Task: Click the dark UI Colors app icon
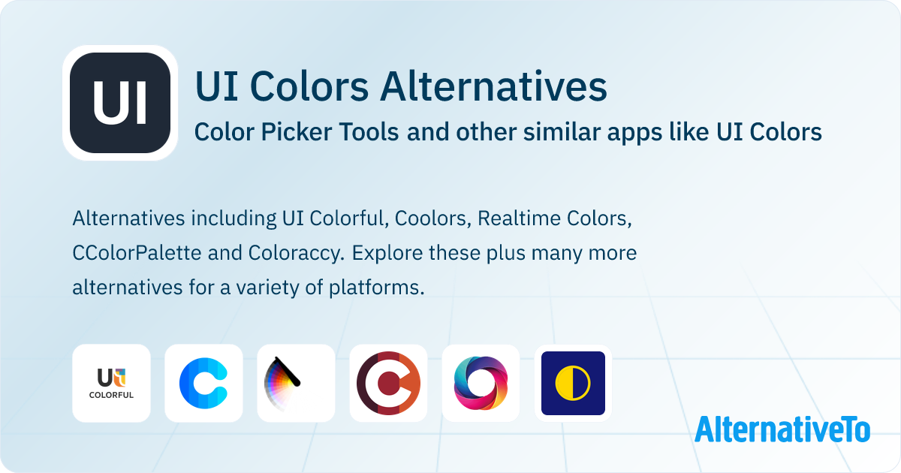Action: (120, 104)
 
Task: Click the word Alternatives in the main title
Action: (493, 86)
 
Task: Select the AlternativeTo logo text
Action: (782, 429)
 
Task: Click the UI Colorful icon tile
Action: (111, 383)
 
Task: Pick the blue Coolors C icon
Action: (203, 383)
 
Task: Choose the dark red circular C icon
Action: (388, 383)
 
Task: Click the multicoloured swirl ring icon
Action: (481, 383)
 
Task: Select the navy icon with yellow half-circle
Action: (573, 383)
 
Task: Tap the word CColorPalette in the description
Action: (137, 253)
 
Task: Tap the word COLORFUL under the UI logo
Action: (111, 395)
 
